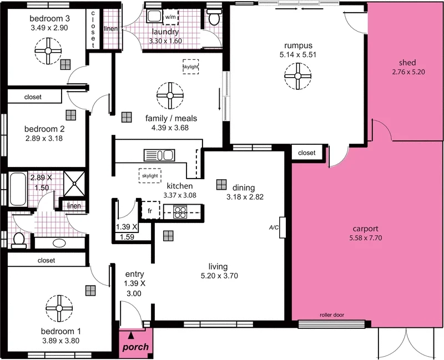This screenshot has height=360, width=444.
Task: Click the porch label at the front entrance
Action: (135, 347)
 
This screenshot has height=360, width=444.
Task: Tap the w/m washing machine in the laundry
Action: (170, 17)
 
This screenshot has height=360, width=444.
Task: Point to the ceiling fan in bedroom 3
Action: (48, 53)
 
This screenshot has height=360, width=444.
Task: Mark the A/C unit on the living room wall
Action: (282, 227)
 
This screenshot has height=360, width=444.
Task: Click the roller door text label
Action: (332, 315)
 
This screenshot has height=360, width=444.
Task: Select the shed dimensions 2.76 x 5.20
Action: (407, 72)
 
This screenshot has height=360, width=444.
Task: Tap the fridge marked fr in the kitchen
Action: (150, 211)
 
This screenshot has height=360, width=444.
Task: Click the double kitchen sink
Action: (160, 154)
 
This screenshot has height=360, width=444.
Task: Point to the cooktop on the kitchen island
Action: (181, 211)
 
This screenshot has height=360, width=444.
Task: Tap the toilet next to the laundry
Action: (213, 19)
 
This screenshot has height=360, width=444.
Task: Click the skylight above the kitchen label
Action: (150, 175)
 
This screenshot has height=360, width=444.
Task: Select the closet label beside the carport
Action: (306, 153)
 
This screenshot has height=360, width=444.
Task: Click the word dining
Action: (243, 187)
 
